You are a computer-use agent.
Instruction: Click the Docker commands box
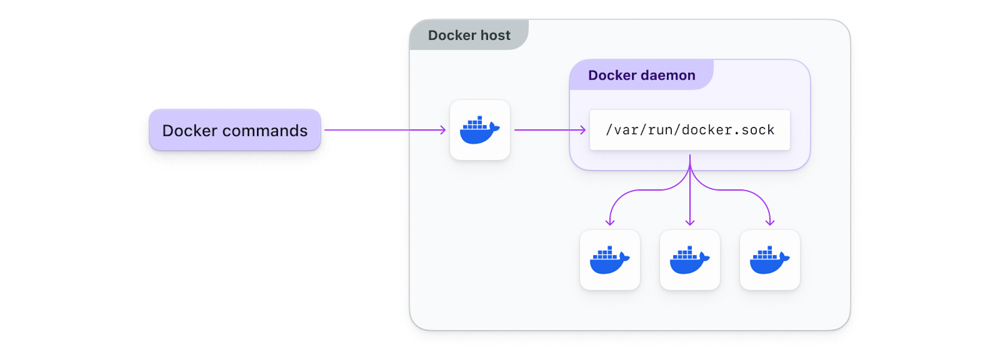click(x=235, y=130)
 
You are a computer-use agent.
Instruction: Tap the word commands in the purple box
click(x=265, y=131)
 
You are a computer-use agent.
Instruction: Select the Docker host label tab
click(x=469, y=35)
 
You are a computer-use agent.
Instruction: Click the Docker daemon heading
click(x=641, y=75)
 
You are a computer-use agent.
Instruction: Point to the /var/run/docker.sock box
click(x=690, y=130)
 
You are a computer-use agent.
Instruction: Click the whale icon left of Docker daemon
click(x=480, y=130)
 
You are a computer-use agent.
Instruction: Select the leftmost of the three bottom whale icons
click(x=610, y=260)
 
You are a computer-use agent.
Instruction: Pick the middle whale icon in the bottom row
click(x=690, y=260)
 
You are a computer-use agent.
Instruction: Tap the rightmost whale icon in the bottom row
click(x=770, y=260)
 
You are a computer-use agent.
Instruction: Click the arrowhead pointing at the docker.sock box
click(x=583, y=130)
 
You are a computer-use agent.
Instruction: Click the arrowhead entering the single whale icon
click(x=443, y=130)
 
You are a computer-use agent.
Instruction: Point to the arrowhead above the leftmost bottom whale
click(x=610, y=223)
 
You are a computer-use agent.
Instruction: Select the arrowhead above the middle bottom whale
click(x=690, y=223)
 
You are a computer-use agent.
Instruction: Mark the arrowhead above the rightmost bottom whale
click(x=770, y=223)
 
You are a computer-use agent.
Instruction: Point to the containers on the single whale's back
click(x=475, y=123)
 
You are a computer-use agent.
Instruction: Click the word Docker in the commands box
click(x=190, y=131)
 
